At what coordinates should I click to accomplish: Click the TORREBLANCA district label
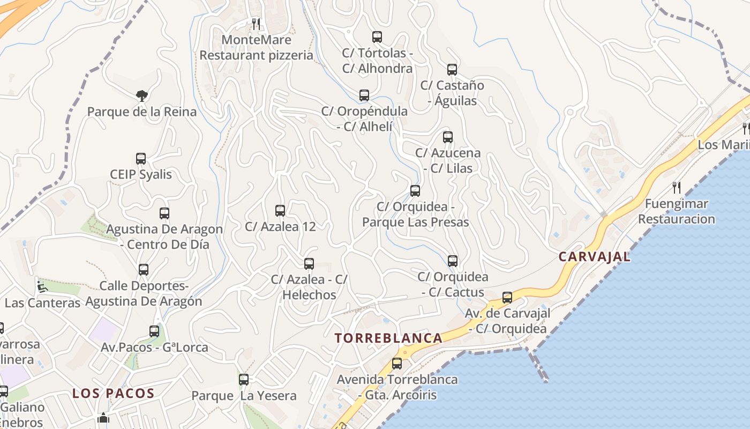388,338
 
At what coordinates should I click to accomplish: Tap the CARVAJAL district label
594,257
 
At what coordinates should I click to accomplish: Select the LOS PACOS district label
114,393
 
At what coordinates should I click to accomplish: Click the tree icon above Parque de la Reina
142,96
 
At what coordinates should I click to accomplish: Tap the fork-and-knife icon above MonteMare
256,24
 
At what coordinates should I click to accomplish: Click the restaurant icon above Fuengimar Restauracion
677,188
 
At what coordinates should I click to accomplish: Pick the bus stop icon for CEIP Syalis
141,159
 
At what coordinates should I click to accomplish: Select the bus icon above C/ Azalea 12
280,211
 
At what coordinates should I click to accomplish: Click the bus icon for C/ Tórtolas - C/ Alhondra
377,37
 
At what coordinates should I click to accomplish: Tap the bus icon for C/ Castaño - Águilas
452,70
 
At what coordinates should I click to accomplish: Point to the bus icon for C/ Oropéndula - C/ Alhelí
364,95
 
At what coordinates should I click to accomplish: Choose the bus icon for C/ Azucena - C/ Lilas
448,137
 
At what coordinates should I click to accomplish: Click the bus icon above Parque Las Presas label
415,191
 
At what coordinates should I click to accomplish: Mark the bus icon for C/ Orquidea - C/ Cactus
453,261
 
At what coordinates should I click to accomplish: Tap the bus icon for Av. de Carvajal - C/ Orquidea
507,298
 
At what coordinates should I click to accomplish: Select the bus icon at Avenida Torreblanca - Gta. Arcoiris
397,364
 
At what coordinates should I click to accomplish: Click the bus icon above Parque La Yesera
244,380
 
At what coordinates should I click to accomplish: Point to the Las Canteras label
42,303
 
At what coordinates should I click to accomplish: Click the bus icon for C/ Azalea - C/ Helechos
309,264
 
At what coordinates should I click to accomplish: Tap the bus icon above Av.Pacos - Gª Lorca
154,331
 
